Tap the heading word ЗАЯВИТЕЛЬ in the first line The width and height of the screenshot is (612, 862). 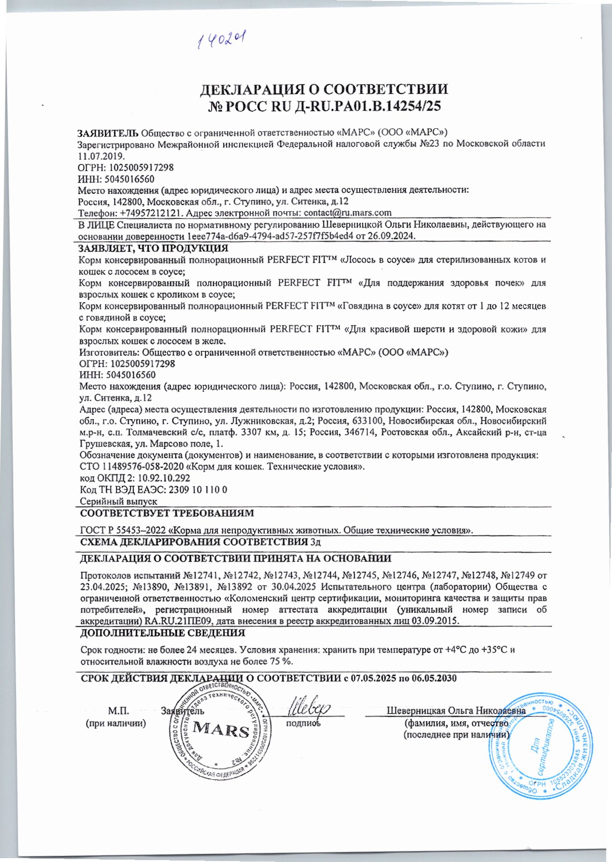pos(108,133)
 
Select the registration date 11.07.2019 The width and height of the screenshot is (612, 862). pos(101,156)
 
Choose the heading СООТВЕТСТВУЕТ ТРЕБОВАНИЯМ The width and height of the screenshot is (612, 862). pos(166,513)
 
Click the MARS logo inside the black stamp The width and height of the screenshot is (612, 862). pos(221,730)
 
